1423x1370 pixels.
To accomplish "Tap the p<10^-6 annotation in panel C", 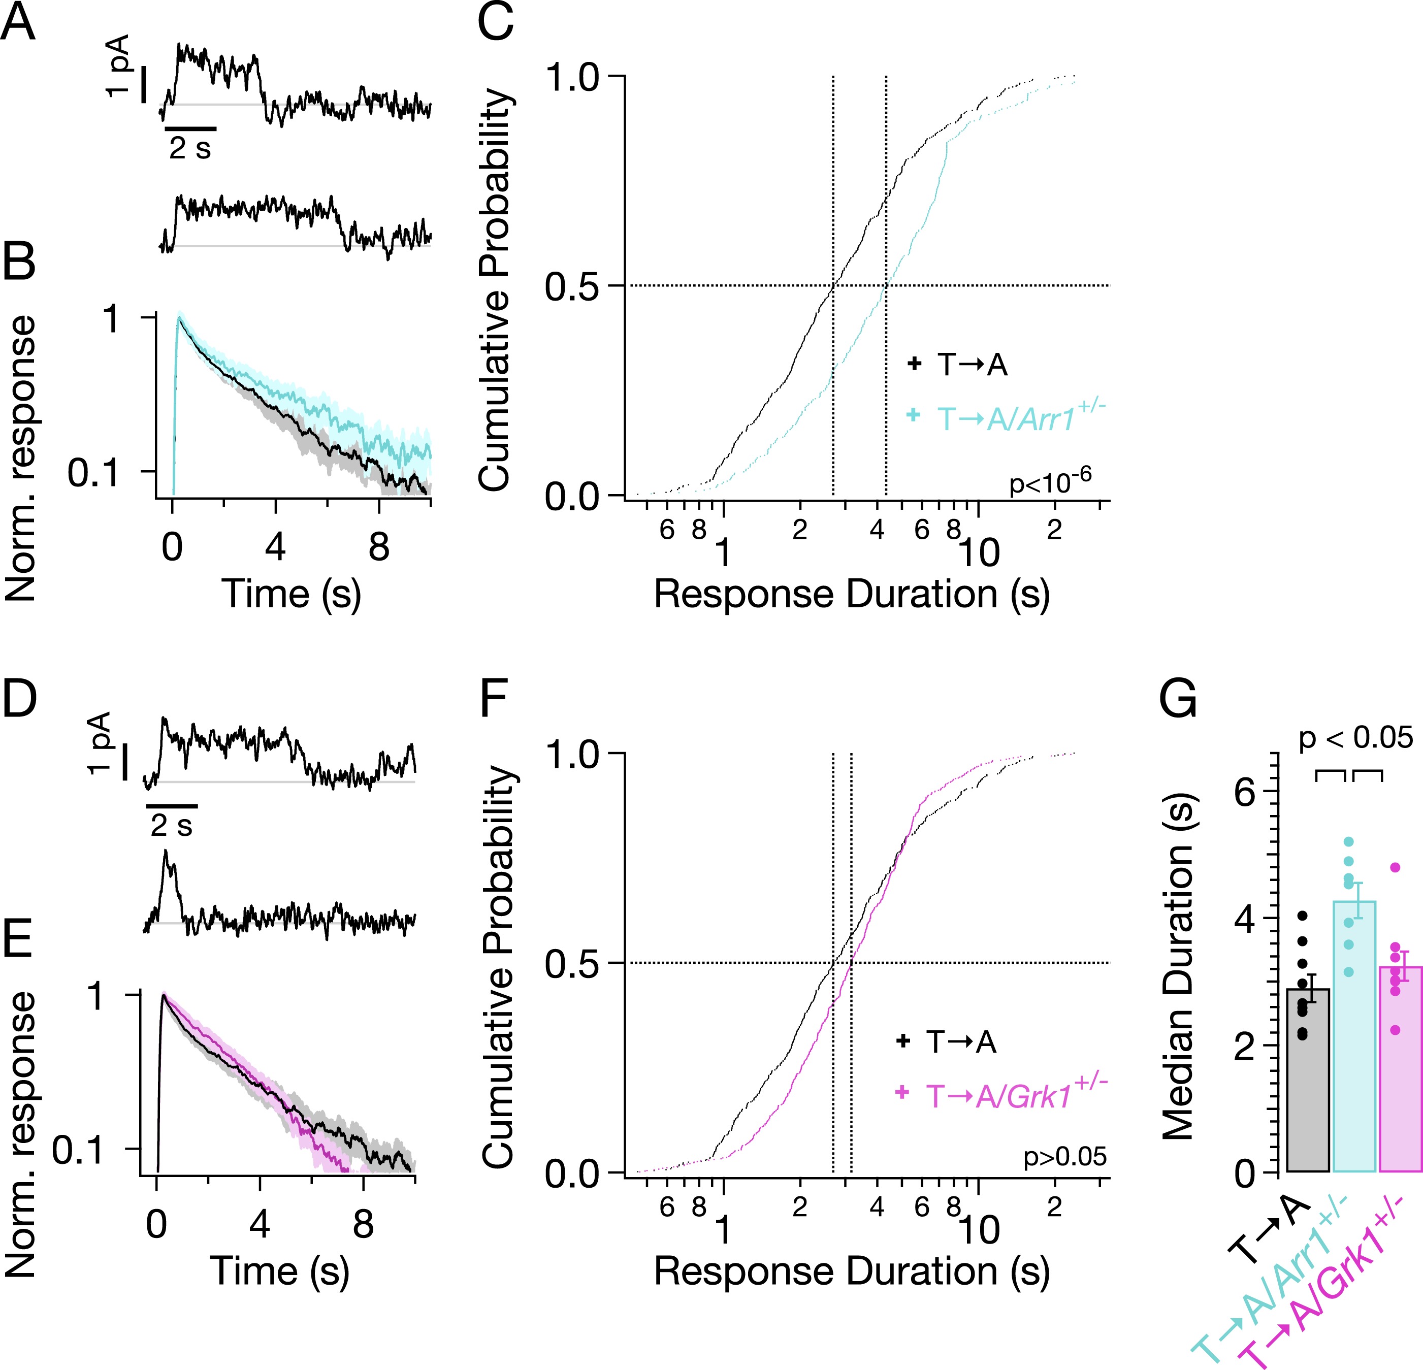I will pos(1050,481).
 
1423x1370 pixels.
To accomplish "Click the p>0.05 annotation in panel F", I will pos(1064,1157).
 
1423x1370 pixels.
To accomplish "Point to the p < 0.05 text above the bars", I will pos(1355,738).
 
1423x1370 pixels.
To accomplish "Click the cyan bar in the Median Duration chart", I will pos(1354,1038).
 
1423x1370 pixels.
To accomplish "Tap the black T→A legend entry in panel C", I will pos(958,365).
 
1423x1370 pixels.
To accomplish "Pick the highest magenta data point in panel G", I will pos(1395,867).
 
